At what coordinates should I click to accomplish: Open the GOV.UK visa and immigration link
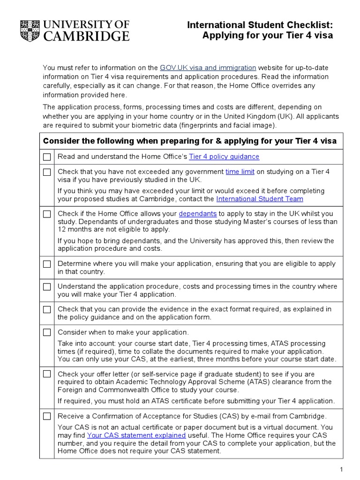click(208, 67)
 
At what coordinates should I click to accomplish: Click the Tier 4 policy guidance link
click(224, 157)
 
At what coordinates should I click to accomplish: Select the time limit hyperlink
click(240, 172)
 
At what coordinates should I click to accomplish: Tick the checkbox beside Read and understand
click(47, 157)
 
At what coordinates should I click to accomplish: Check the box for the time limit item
click(47, 172)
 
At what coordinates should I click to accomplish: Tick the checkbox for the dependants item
click(47, 214)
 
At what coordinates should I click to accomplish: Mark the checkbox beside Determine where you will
click(47, 264)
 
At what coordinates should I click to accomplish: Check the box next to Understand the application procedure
click(47, 287)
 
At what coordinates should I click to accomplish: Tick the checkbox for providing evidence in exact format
click(47, 309)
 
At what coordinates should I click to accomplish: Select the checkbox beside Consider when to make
click(47, 332)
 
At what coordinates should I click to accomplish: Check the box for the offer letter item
click(47, 374)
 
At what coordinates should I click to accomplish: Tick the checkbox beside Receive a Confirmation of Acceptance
click(47, 416)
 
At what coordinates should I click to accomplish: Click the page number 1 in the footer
click(342, 469)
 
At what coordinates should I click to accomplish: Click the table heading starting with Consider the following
click(190, 141)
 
